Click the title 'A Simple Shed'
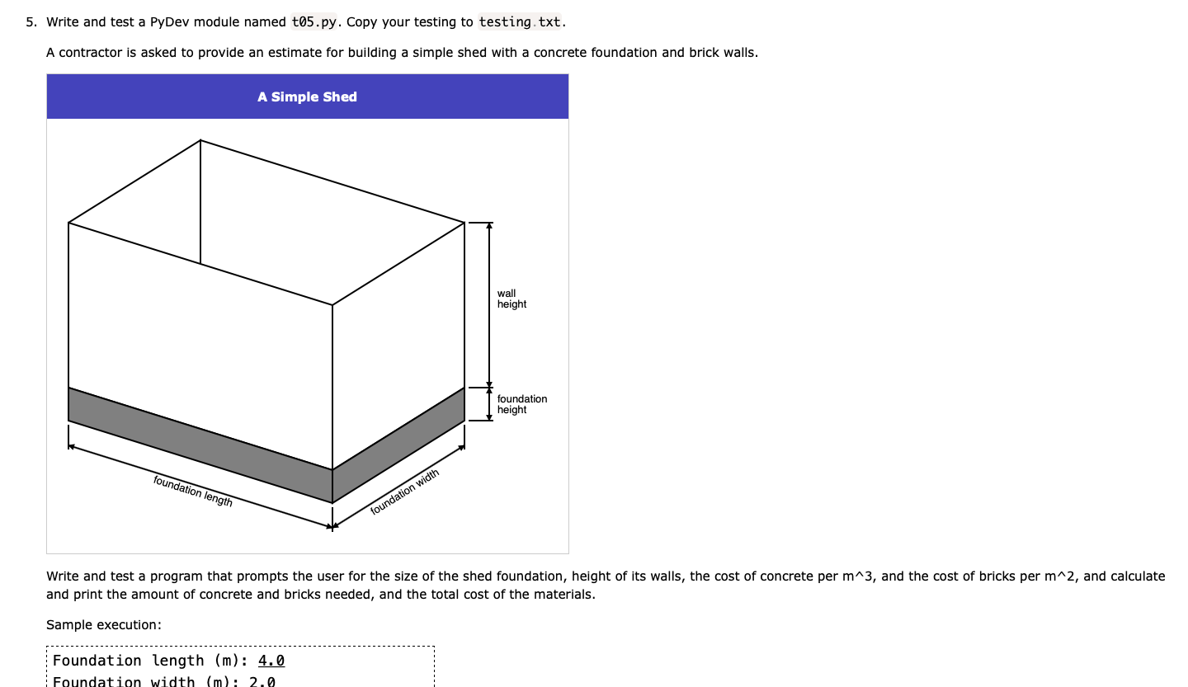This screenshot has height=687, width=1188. point(307,97)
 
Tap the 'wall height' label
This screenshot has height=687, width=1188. point(511,299)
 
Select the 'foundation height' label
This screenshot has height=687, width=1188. point(521,404)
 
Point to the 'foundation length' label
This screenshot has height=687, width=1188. point(193,491)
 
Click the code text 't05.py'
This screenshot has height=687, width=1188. point(314,22)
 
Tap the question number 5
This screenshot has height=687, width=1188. point(31,22)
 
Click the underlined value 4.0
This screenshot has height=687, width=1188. point(271,661)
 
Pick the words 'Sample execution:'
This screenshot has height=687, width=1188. point(104,625)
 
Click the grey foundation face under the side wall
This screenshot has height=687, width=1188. point(398,445)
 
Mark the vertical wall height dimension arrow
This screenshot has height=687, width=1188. point(489,305)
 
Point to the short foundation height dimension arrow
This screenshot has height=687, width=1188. point(489,404)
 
